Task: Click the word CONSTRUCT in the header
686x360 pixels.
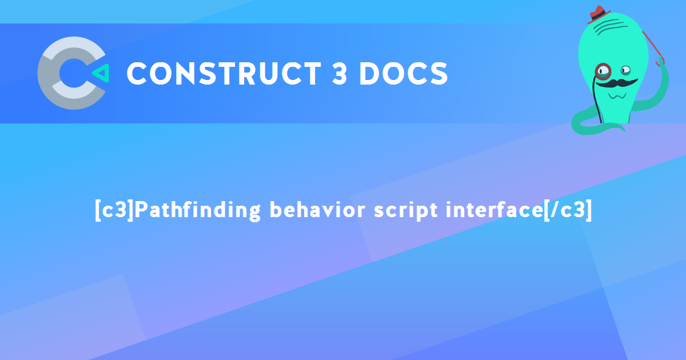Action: coord(224,74)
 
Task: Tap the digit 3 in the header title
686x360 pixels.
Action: coord(340,74)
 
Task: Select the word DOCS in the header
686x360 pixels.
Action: coord(404,74)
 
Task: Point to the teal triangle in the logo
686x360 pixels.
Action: coord(101,73)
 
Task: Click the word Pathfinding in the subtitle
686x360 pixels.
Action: coord(198,210)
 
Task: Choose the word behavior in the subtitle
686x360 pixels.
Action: coord(317,210)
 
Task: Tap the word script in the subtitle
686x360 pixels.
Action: coord(406,211)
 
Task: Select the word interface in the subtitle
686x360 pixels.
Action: coord(494,210)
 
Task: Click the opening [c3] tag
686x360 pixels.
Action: coord(114,210)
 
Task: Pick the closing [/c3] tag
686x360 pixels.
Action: coord(568,210)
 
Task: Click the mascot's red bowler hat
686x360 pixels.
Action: coord(598,14)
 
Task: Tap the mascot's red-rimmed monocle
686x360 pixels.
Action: coord(603,71)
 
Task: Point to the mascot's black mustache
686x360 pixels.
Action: coord(616,83)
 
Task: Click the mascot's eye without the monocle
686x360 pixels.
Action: coord(625,71)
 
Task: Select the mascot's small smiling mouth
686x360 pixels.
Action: coord(617,96)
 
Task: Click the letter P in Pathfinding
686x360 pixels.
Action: coord(141,210)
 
